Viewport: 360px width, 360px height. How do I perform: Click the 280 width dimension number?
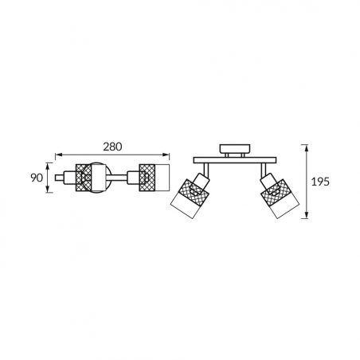click(x=112, y=147)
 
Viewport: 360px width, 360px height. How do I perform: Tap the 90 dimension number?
click(x=37, y=178)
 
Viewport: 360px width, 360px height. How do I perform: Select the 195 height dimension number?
click(x=320, y=182)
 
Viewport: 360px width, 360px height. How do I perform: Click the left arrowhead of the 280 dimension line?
click(x=58, y=155)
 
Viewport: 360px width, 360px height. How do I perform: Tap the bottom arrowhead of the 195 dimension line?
click(x=307, y=215)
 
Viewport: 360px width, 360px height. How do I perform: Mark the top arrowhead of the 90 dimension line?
click(x=48, y=166)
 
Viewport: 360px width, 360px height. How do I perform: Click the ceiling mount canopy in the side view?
click(x=235, y=149)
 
